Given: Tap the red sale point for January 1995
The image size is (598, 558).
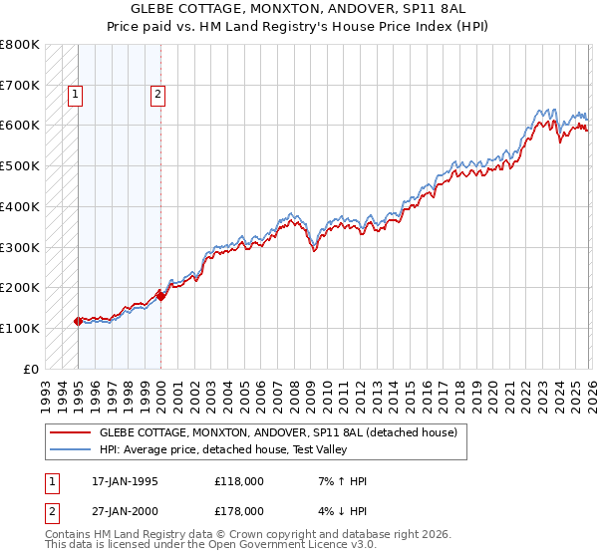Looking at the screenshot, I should click(78, 321).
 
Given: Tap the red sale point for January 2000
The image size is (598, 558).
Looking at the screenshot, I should click(160, 296).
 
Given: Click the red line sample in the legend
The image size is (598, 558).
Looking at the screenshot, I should click(69, 432).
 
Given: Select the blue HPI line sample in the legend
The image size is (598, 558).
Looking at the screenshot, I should click(69, 449).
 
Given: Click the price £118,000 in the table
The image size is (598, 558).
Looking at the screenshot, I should click(239, 481).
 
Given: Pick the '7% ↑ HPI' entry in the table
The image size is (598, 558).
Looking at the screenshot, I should click(342, 481).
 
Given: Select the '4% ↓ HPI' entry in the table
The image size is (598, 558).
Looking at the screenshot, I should click(342, 510).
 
